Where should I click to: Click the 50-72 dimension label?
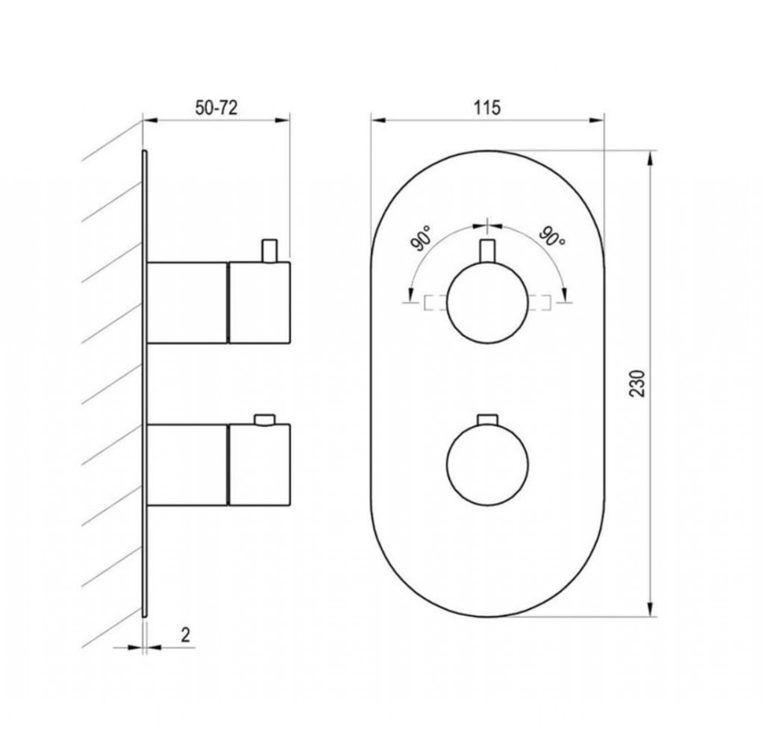point(216,107)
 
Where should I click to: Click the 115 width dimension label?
point(487,107)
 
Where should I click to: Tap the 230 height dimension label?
point(638,384)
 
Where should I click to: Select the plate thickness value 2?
point(185,635)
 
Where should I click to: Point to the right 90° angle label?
point(552,238)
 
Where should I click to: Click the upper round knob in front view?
point(487,303)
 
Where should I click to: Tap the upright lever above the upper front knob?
point(487,251)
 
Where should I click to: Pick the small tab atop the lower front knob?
point(487,420)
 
